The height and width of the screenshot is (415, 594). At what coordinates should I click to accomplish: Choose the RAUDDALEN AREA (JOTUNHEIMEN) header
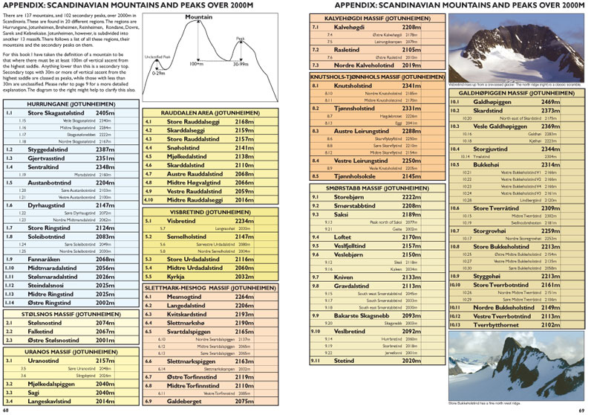click(210, 113)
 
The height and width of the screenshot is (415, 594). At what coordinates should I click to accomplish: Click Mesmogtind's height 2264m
click(245, 296)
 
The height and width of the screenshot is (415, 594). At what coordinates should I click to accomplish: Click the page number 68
click(6, 409)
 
